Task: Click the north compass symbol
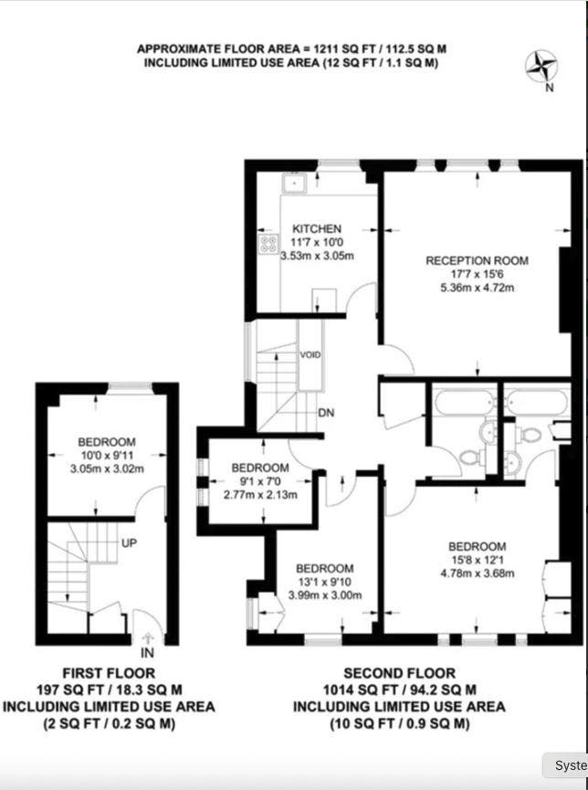click(x=543, y=66)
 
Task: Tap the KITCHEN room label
click(x=317, y=228)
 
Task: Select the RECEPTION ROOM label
click(x=477, y=260)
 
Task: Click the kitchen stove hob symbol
click(x=269, y=243)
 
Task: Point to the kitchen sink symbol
click(x=293, y=184)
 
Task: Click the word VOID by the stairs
click(x=310, y=354)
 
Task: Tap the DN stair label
click(x=326, y=413)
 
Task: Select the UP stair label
click(x=129, y=543)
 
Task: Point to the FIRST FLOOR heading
click(x=109, y=673)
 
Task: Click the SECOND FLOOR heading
click(x=398, y=673)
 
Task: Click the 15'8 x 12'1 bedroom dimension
click(x=477, y=560)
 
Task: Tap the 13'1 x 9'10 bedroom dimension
click(x=325, y=582)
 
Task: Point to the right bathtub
click(x=538, y=402)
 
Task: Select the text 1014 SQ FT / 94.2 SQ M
click(x=398, y=690)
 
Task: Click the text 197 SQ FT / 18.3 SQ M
click(x=109, y=690)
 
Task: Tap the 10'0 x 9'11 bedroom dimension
click(x=106, y=457)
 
